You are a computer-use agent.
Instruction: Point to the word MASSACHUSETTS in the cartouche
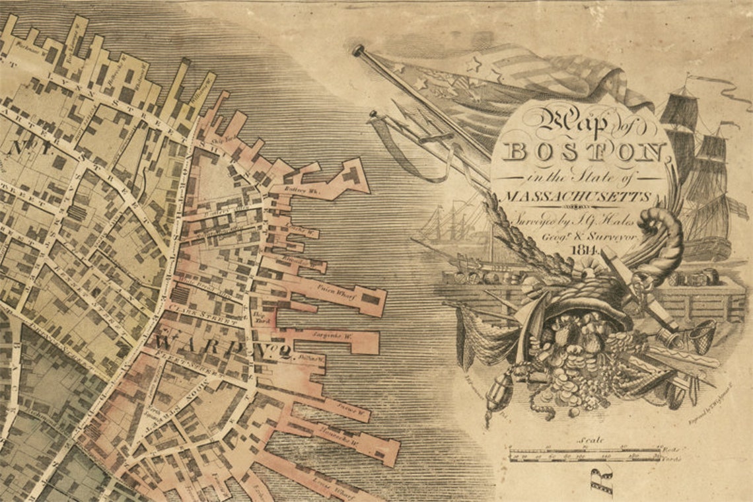[576, 197]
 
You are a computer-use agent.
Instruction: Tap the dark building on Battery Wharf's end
[351, 175]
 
